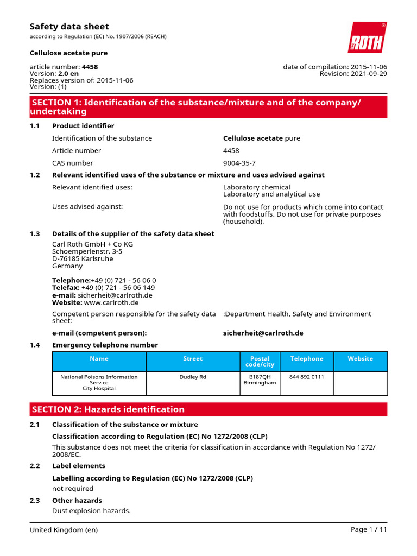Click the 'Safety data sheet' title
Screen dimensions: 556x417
tap(69, 27)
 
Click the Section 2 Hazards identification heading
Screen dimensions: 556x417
tap(109, 409)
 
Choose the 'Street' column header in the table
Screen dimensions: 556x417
tap(193, 359)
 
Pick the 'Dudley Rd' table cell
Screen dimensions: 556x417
tap(193, 377)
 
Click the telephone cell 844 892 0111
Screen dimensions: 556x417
tap(306, 377)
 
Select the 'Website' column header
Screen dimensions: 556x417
tap(360, 359)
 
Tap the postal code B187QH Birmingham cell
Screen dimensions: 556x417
tap(260, 380)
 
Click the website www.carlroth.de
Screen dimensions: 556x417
tap(111, 302)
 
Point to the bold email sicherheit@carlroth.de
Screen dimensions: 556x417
tap(263, 333)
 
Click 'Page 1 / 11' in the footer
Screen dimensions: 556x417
tap(369, 530)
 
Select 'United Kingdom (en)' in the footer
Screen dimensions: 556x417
tap(64, 530)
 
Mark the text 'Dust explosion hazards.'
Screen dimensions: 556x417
tap(91, 511)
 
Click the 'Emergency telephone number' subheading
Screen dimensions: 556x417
tap(105, 345)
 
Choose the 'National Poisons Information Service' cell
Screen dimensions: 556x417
tap(99, 383)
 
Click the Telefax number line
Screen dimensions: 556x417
tap(103, 288)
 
